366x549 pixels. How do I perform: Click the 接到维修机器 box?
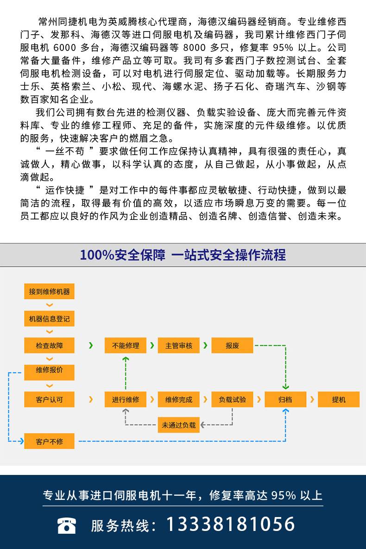(x=49, y=292)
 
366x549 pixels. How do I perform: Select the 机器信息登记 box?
(x=49, y=319)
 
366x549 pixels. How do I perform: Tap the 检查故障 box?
(x=49, y=346)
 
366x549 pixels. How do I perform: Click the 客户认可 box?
(x=49, y=399)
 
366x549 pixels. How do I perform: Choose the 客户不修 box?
(x=49, y=441)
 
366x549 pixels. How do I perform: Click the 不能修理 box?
(x=125, y=346)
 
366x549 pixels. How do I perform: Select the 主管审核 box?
(x=179, y=346)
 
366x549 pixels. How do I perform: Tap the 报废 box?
(x=232, y=346)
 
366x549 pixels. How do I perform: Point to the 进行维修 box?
(x=125, y=399)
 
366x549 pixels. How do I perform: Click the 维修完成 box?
(x=179, y=399)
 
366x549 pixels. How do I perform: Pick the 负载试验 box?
(x=232, y=399)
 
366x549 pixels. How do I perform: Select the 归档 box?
(x=285, y=399)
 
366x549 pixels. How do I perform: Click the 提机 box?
(x=339, y=399)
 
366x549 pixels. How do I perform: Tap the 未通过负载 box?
(x=179, y=425)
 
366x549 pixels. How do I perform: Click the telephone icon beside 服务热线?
(x=67, y=525)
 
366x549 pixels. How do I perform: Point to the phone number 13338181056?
(x=230, y=524)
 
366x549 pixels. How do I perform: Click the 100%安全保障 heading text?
(x=122, y=255)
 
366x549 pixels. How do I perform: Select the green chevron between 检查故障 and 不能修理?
(x=91, y=345)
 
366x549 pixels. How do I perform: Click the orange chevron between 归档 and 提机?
(x=312, y=399)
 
